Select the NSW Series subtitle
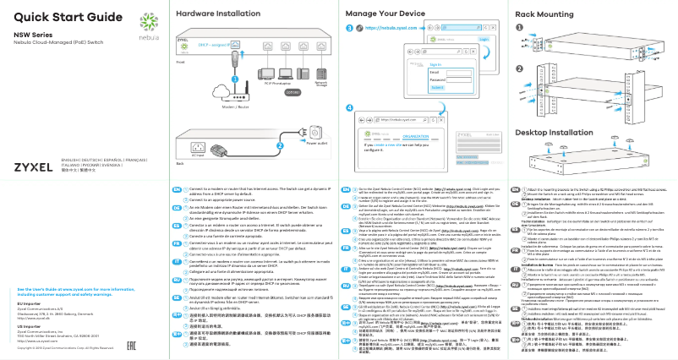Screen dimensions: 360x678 (31, 35)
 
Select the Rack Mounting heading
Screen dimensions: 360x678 (543, 14)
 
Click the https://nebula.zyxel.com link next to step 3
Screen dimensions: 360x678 (385, 28)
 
